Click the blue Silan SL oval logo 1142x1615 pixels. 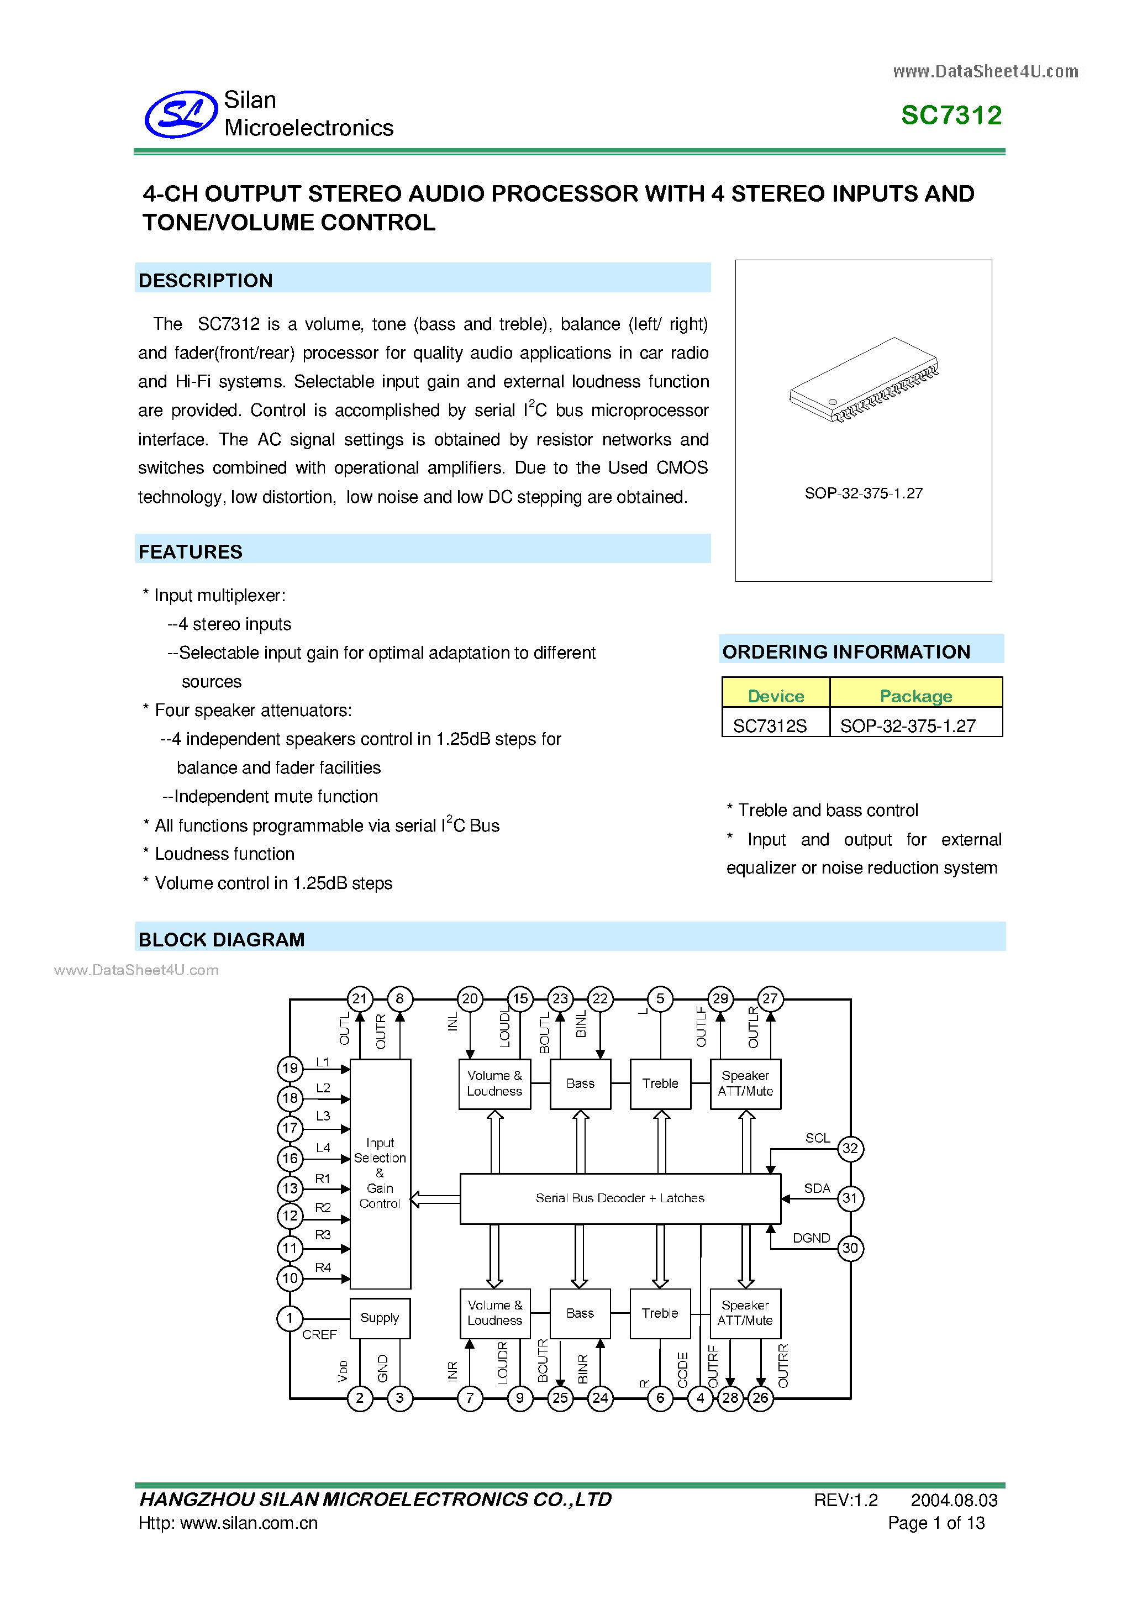181,114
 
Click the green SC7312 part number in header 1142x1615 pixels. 951,115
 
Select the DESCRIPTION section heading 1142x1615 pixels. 206,281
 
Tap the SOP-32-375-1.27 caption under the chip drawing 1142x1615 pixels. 863,493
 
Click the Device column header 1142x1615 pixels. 775,696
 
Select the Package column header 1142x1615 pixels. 915,696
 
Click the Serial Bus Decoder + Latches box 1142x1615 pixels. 619,1198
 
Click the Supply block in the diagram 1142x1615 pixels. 380,1317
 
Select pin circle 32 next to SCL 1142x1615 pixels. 850,1149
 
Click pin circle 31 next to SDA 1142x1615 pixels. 850,1198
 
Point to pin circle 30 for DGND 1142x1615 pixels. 850,1248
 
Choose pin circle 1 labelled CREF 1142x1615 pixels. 290,1317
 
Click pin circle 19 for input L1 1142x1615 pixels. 290,1069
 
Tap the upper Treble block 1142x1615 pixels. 660,1083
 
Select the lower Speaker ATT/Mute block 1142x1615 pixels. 745,1313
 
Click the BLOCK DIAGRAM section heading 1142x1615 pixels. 222,940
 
